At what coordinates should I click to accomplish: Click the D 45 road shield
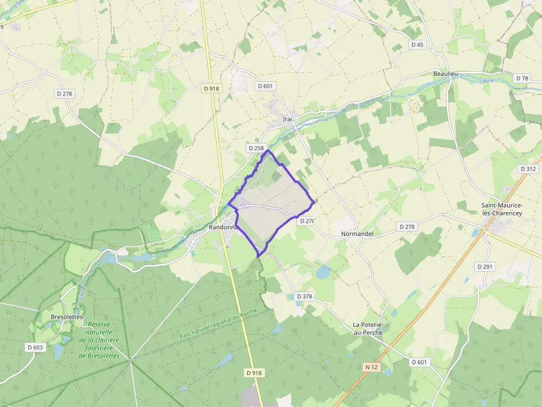pos(417,45)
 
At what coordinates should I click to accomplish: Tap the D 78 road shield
pos(522,78)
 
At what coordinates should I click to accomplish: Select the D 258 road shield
pos(256,148)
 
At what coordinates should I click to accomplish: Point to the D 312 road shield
pos(528,168)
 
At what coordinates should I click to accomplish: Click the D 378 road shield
pos(304,297)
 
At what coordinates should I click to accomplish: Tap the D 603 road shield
pos(35,347)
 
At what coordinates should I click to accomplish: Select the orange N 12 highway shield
pos(371,367)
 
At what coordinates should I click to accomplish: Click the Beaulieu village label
pos(446,73)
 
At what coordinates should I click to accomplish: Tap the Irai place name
pos(287,119)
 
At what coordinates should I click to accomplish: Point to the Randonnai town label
pos(223,227)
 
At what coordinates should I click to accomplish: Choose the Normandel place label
pos(357,234)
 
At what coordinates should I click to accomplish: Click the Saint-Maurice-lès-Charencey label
pos(502,210)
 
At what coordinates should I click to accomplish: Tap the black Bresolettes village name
pos(66,317)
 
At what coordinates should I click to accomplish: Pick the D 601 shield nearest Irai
pos(265,86)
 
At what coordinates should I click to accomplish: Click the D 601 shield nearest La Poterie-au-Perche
pos(420,362)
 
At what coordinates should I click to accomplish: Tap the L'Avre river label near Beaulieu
pos(486,81)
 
